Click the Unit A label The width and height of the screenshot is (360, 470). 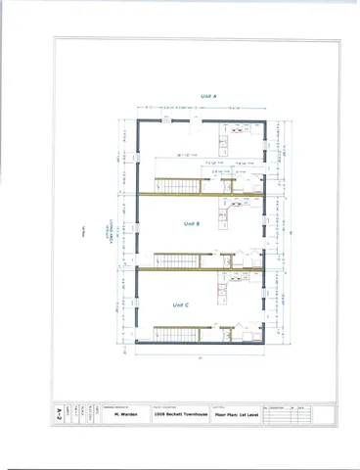[207, 96]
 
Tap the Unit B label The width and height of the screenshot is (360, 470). [192, 224]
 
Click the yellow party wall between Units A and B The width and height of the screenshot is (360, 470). [201, 194]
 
